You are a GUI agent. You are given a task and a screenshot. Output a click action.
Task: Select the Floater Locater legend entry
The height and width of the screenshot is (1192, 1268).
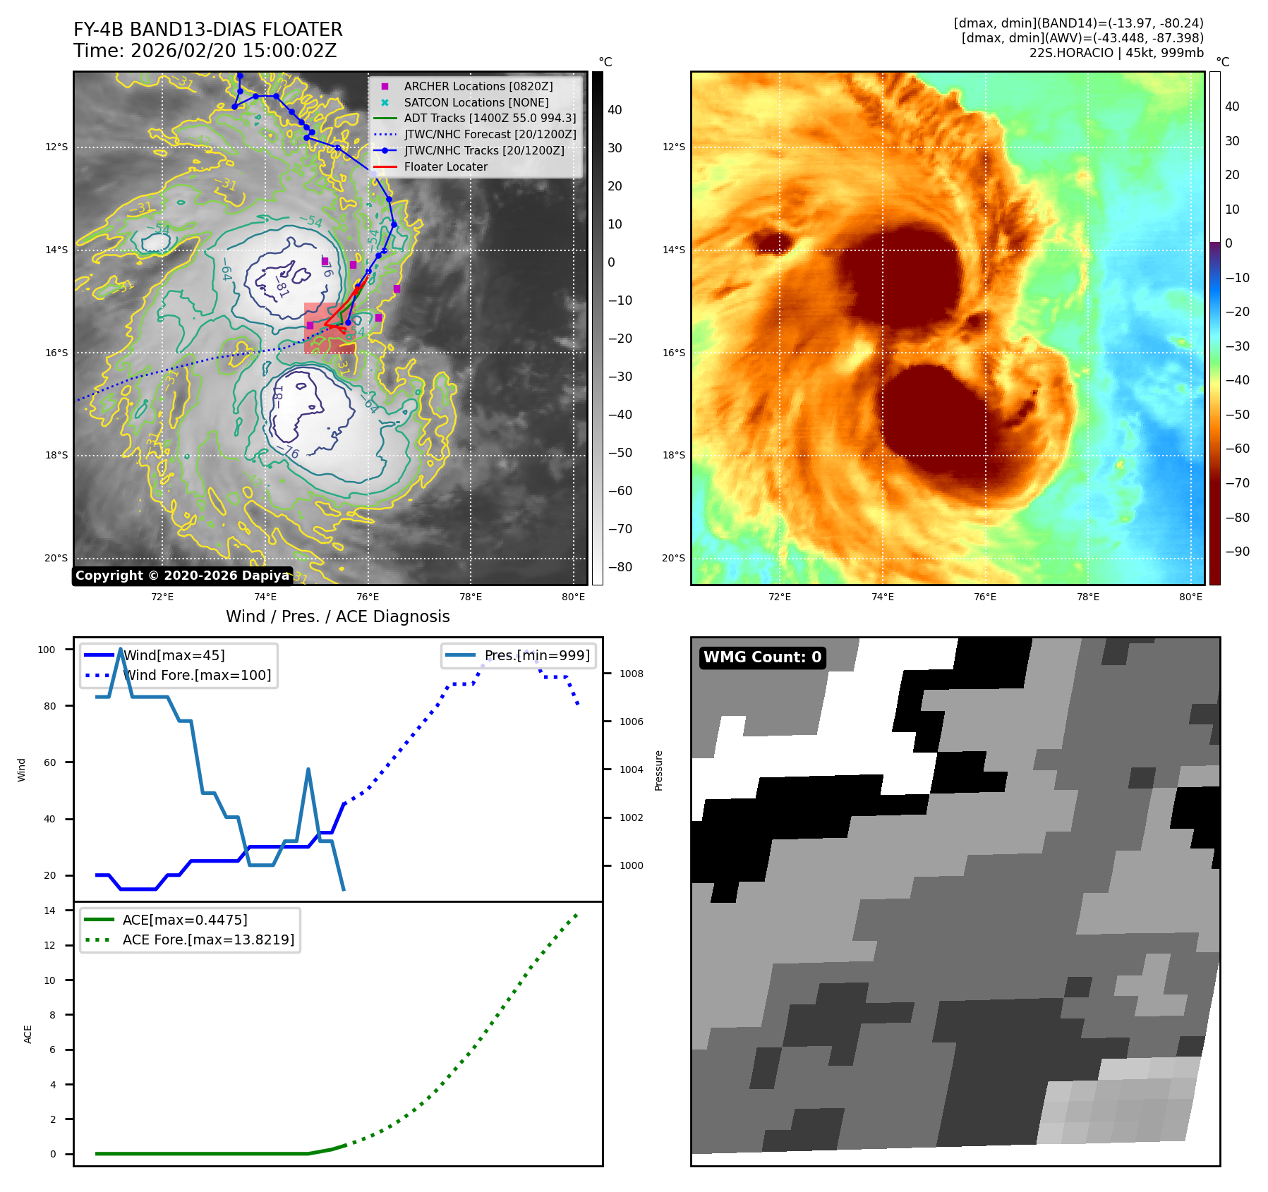(x=445, y=167)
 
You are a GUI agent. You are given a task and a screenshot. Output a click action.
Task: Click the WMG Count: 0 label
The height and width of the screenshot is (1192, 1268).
(x=762, y=657)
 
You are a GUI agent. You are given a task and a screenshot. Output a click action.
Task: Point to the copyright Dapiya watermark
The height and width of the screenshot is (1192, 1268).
(x=182, y=576)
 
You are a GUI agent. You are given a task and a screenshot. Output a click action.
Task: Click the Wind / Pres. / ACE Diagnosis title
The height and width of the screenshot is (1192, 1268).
(x=337, y=616)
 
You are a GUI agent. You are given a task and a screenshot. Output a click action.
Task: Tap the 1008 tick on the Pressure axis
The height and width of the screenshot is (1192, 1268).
(x=631, y=674)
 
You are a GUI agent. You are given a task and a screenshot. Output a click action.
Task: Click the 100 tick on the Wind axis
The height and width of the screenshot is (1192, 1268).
(x=47, y=650)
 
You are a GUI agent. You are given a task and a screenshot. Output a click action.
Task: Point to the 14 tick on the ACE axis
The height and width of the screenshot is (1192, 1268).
(x=49, y=911)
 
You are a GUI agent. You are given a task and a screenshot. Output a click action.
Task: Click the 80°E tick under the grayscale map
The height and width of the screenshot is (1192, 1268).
(x=573, y=597)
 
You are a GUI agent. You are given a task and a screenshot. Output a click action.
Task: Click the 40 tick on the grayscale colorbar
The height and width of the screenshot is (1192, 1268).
(x=615, y=110)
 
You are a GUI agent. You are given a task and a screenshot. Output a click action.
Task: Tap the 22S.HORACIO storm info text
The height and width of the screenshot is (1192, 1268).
(x=1116, y=53)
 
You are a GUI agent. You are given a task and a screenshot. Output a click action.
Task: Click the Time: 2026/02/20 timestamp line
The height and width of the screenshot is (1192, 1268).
(x=205, y=51)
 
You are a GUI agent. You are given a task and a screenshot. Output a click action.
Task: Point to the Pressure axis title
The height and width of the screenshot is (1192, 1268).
(x=658, y=770)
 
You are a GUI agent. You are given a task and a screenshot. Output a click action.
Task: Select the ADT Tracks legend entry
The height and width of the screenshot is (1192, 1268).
(x=490, y=118)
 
